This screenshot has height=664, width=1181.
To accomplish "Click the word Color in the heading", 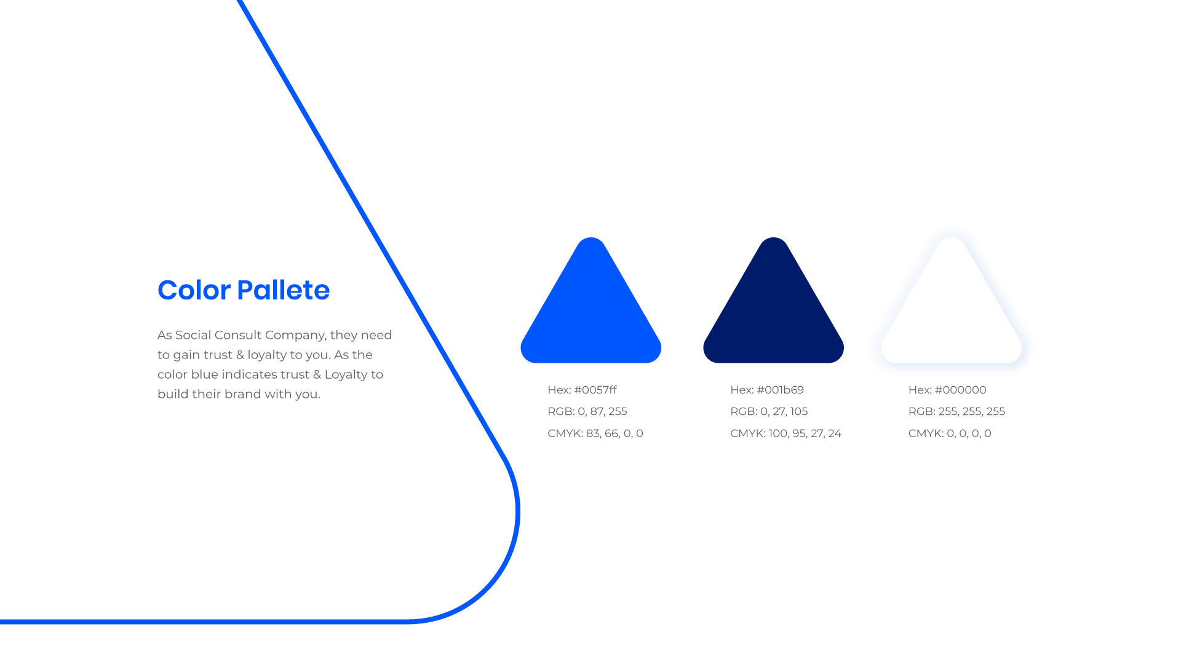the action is click(194, 290).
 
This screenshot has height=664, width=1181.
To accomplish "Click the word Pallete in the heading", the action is click(284, 290).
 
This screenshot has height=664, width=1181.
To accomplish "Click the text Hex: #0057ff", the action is click(582, 390).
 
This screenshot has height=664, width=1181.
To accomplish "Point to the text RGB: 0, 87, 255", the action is click(587, 411).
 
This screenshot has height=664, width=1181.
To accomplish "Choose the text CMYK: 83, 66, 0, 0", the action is click(595, 433).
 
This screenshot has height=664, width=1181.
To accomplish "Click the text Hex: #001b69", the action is click(767, 390).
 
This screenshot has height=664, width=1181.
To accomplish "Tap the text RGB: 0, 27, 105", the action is click(769, 411).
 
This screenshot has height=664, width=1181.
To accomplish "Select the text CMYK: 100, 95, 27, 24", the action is click(785, 433).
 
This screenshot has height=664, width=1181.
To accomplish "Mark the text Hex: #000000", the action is click(947, 390).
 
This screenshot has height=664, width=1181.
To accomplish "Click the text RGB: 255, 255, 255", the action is click(956, 411).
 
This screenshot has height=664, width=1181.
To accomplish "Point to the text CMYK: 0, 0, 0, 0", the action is click(950, 433).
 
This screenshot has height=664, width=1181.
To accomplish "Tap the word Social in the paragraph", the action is click(193, 335).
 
